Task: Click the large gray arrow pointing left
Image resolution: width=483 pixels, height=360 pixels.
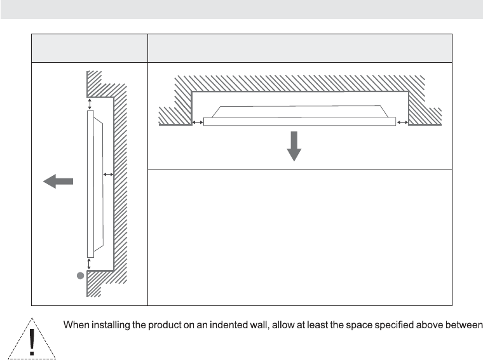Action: point(58,182)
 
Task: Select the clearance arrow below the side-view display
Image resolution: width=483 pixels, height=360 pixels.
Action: point(90,262)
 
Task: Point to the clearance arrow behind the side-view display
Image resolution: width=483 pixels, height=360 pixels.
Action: point(108,173)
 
